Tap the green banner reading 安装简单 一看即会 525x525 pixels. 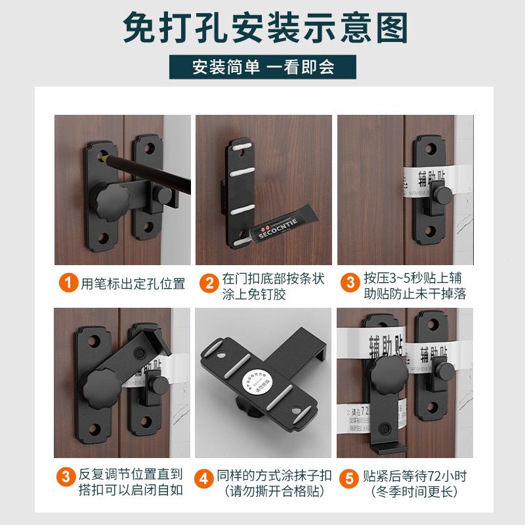(262, 67)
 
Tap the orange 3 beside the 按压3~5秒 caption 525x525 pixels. (350, 284)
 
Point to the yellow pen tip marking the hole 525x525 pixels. (104, 158)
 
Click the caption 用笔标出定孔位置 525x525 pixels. (133, 284)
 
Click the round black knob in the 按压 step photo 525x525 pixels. (445, 195)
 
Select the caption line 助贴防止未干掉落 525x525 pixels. (415, 293)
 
